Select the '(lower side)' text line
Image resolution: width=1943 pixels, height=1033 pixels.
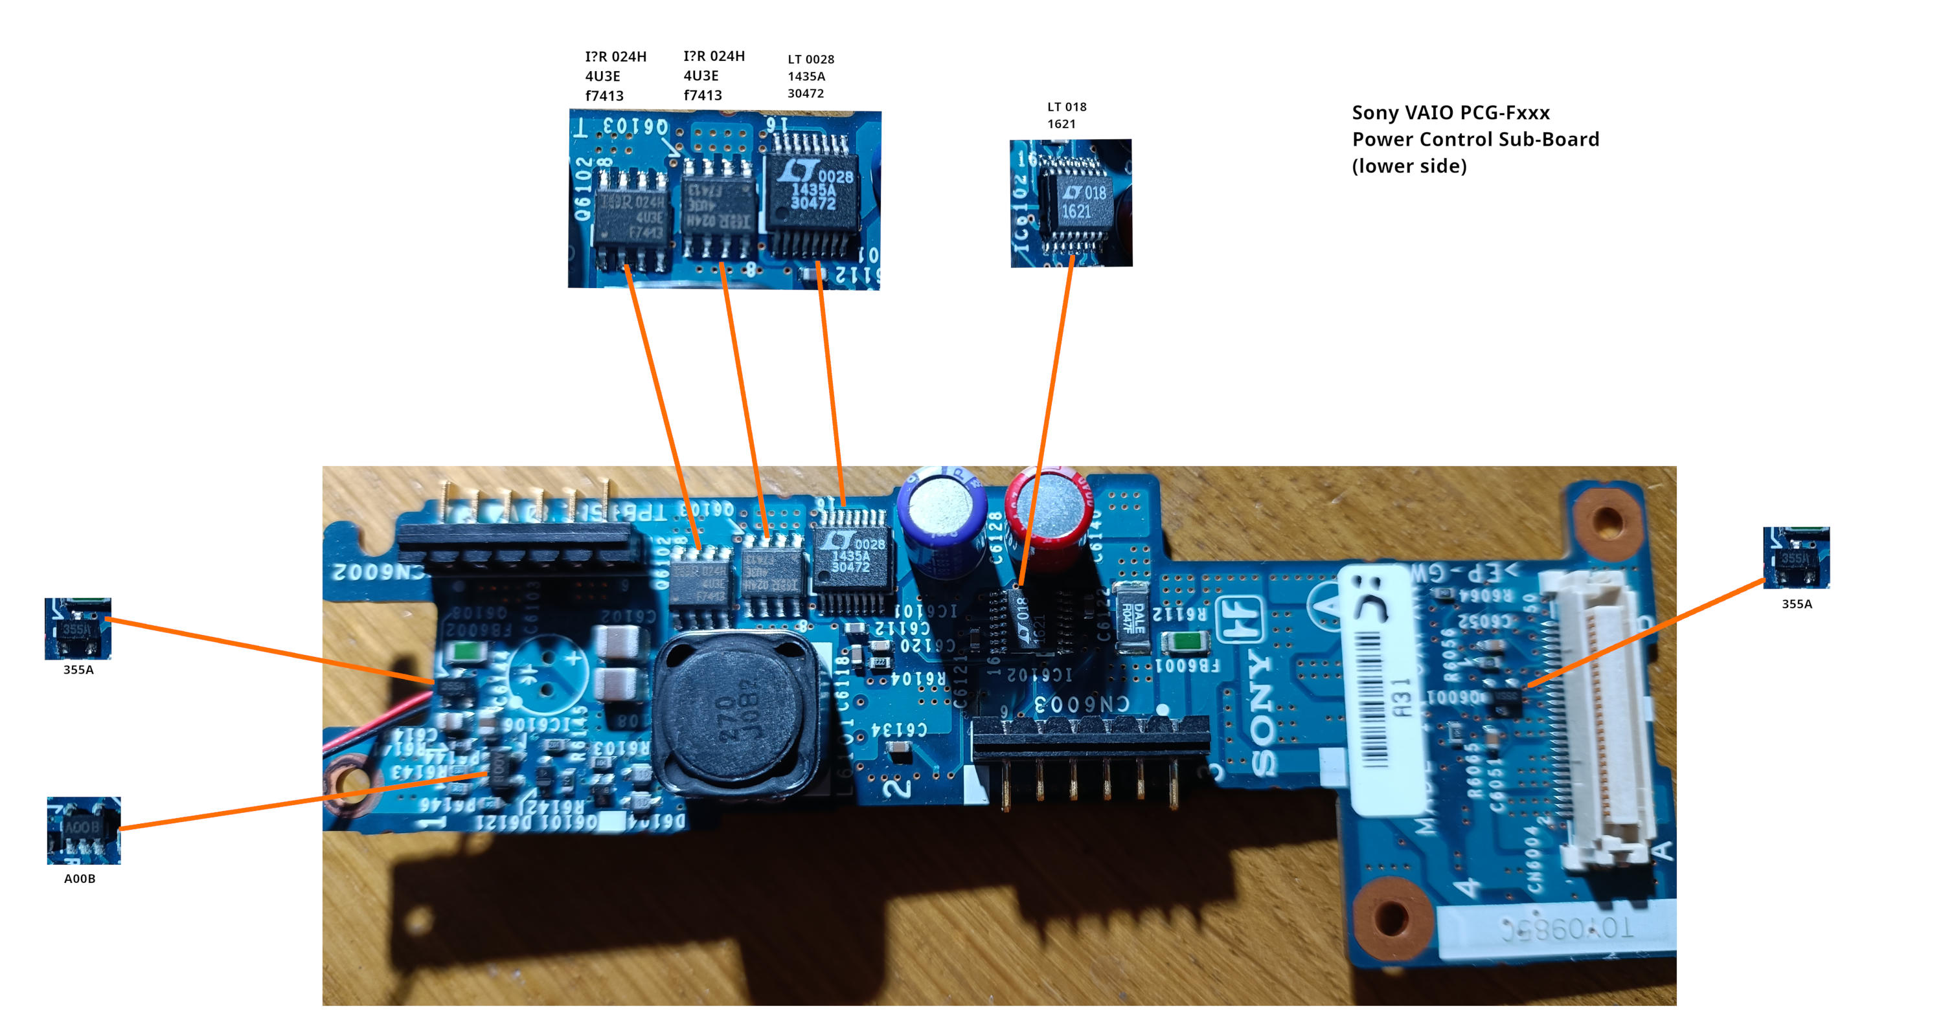[x=1409, y=166]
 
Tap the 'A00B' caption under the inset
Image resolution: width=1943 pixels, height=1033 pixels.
[x=79, y=878]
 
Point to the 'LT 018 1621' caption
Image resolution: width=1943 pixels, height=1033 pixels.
[x=1066, y=115]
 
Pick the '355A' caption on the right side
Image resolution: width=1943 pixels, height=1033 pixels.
[x=1796, y=603]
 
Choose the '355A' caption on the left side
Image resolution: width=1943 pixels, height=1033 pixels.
[x=78, y=669]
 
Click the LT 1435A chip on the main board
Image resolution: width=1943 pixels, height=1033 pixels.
[x=852, y=561]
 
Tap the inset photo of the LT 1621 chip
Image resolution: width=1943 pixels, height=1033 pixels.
[x=1071, y=202]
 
